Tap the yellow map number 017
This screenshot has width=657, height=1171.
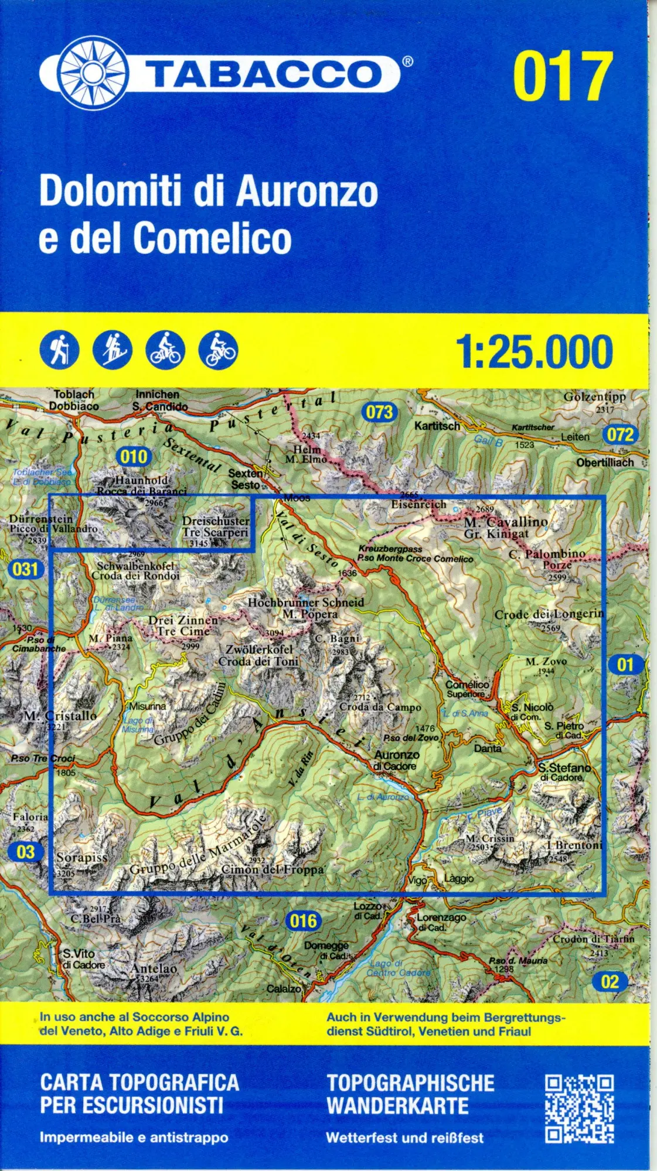[x=563, y=76]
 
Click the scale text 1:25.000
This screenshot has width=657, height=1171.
[x=534, y=352]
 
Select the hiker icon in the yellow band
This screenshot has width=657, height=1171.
[x=59, y=350]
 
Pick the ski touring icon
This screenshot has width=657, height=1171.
[x=113, y=350]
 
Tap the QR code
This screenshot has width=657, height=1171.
[x=579, y=1109]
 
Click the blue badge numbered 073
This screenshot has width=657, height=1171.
[x=379, y=412]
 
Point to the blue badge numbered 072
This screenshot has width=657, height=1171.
[x=620, y=434]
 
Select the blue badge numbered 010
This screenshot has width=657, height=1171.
[x=134, y=457]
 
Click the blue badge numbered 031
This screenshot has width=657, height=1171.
[x=25, y=569]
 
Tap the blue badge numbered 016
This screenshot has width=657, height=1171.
[x=303, y=921]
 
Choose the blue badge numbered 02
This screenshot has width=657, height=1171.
[x=610, y=982]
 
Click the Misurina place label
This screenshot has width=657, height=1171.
[x=147, y=706]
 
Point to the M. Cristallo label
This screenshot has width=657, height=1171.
[x=60, y=715]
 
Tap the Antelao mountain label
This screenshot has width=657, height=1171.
[x=154, y=968]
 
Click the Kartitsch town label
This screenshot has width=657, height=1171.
[x=437, y=426]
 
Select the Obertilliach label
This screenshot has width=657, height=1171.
[x=605, y=463]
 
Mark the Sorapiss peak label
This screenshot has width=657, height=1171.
[x=82, y=857]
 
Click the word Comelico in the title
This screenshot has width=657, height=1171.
[x=212, y=238]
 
